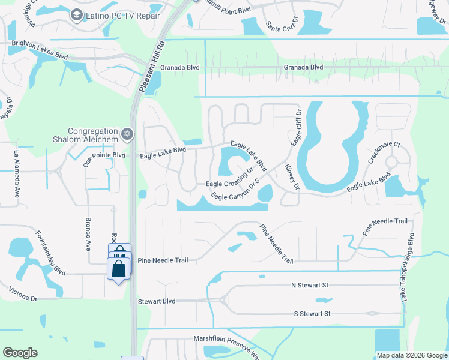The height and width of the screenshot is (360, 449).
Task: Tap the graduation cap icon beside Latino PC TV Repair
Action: [76, 15]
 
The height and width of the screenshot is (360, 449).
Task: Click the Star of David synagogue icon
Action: [127, 134]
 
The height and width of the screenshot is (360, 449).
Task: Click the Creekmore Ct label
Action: [384, 153]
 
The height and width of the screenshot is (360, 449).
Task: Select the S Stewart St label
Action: [312, 314]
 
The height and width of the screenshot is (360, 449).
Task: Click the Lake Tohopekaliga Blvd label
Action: [407, 267]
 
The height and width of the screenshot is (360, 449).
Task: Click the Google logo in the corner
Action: [20, 353]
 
